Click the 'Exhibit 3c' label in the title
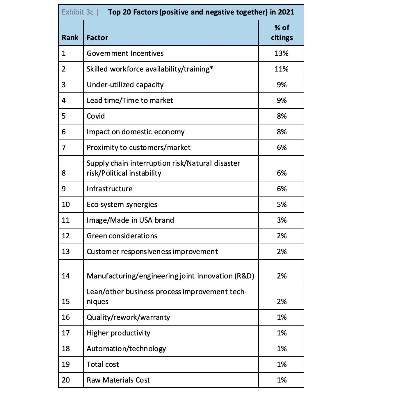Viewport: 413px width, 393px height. [x=78, y=12]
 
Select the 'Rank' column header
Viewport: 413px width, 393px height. [x=70, y=37]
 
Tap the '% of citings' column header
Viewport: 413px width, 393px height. [x=282, y=33]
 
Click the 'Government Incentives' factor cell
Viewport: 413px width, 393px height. [x=125, y=53]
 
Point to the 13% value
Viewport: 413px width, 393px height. [x=282, y=53]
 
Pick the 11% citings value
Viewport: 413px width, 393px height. [x=282, y=69]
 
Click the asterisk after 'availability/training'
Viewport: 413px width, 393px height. [x=211, y=68]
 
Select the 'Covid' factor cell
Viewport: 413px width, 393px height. [x=96, y=116]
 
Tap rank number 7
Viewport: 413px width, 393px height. [x=64, y=148]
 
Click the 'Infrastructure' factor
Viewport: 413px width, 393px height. [x=109, y=189]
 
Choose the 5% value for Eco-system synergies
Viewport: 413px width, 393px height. [x=282, y=205]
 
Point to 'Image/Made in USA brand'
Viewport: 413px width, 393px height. [x=130, y=220]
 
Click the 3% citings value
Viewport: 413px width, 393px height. [x=282, y=220]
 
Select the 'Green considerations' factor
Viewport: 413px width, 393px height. [x=122, y=236]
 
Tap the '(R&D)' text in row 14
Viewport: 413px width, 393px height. [x=244, y=276]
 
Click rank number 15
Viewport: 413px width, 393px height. [x=66, y=302]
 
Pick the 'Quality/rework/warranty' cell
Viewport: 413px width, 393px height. [x=128, y=317]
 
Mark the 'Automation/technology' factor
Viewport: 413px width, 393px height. [x=126, y=349]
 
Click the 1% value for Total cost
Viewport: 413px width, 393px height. [x=282, y=365]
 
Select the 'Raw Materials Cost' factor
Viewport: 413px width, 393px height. [x=118, y=380]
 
